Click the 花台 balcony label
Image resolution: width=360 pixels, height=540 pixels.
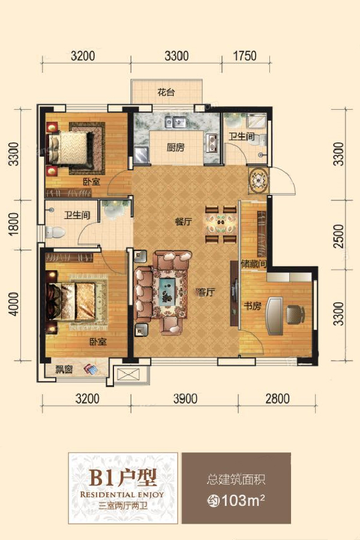pyautogui.click(x=166, y=92)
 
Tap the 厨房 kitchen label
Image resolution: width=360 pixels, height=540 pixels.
pyautogui.click(x=175, y=148)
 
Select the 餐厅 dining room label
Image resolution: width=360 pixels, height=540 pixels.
pyautogui.click(x=183, y=222)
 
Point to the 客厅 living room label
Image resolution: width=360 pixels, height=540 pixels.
pyautogui.click(x=206, y=292)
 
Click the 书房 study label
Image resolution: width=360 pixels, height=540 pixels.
pyautogui.click(x=253, y=305)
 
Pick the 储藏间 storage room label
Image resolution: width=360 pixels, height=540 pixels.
pyautogui.click(x=254, y=265)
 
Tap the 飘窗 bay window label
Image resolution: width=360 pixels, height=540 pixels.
pyautogui.click(x=64, y=370)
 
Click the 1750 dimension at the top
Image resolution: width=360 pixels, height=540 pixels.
pyautogui.click(x=245, y=56)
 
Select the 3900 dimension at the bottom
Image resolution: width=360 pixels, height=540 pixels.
pyautogui.click(x=185, y=399)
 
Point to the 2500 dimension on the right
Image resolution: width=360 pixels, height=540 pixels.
pyautogui.click(x=339, y=236)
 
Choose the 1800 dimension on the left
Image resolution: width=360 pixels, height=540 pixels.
pyautogui.click(x=14, y=224)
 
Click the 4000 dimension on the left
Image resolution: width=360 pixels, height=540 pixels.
pyautogui.click(x=14, y=304)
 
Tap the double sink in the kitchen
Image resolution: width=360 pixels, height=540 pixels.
pyautogui.click(x=175, y=122)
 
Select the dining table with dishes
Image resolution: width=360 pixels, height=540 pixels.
pyautogui.click(x=220, y=224)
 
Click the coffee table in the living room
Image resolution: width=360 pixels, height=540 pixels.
pyautogui.click(x=169, y=292)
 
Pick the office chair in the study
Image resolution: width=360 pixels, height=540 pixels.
pyautogui.click(x=296, y=314)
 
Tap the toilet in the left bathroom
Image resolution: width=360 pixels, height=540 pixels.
pyautogui.click(x=55, y=233)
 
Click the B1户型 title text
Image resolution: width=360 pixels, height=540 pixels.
pyautogui.click(x=123, y=478)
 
